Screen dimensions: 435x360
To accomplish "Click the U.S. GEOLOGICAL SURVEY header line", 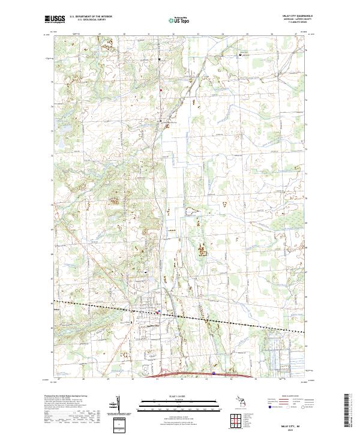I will pyautogui.click(x=91, y=20).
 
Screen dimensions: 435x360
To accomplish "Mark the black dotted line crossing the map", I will pyautogui.click(x=240, y=322).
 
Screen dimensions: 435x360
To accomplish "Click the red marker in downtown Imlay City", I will pyautogui.click(x=157, y=311).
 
